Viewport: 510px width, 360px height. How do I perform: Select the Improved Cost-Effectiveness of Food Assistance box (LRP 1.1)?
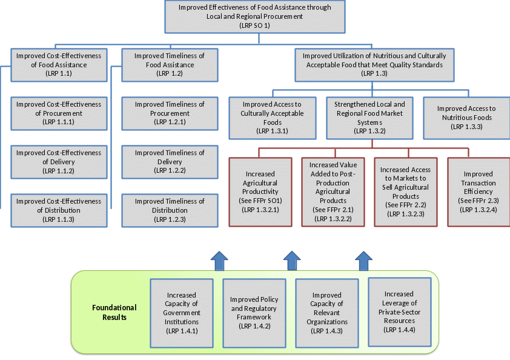click(58, 64)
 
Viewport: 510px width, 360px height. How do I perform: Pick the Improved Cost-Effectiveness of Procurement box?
click(58, 113)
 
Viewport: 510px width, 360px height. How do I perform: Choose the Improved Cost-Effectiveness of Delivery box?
click(58, 162)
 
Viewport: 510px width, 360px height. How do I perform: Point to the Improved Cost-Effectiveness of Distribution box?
click(58, 210)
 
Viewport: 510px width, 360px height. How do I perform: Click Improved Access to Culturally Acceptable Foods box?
click(273, 117)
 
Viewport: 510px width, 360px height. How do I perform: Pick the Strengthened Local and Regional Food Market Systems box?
click(369, 117)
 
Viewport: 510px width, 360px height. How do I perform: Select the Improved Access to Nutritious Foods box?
click(466, 117)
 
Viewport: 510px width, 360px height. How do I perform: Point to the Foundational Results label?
click(114, 312)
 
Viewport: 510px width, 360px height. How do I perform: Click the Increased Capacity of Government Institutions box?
click(182, 313)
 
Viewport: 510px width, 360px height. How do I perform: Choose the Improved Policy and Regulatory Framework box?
click(254, 313)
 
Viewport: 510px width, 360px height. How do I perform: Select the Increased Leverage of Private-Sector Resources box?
click(399, 312)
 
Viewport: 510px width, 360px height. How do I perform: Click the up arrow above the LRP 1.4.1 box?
click(219, 261)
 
